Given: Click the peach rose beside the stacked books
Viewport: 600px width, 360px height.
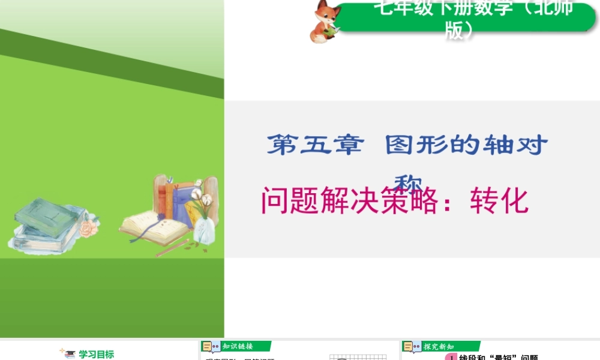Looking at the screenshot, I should (x=88, y=228).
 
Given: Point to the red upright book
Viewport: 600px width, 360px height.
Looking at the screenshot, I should (x=170, y=198).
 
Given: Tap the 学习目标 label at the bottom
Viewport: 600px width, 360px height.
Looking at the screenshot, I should (x=96, y=354).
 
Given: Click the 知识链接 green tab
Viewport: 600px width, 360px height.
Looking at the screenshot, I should (x=237, y=346).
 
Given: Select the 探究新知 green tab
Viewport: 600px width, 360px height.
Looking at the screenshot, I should (x=439, y=346).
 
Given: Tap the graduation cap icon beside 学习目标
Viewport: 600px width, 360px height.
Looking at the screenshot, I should (x=70, y=354).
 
